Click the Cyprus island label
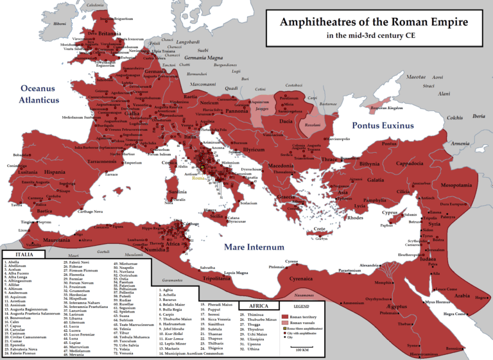390,212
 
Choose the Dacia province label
286,120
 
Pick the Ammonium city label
354,302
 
